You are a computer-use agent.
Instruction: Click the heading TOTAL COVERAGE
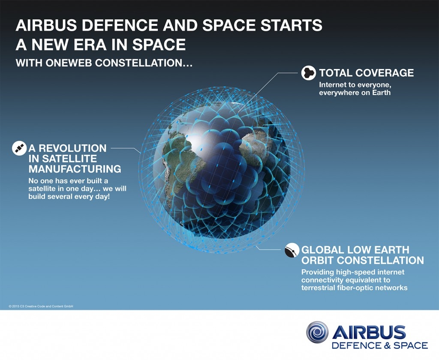pos(366,72)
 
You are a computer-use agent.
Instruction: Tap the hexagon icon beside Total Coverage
pos(308,73)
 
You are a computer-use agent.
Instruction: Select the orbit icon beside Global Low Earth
pos(292,250)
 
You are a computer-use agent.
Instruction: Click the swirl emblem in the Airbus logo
pos(317,333)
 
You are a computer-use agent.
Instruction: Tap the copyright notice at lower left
pos(41,306)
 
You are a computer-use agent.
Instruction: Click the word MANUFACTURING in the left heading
pos(75,169)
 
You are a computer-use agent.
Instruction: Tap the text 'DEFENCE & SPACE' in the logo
pos(379,345)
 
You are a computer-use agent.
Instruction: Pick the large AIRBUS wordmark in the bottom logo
pos(369,332)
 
